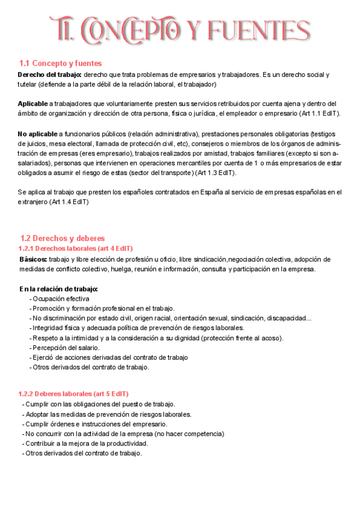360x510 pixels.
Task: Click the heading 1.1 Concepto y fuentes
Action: point(60,63)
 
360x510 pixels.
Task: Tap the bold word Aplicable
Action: point(32,103)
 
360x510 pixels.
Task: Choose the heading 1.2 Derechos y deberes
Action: point(63,238)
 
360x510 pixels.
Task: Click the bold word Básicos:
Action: point(33,259)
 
